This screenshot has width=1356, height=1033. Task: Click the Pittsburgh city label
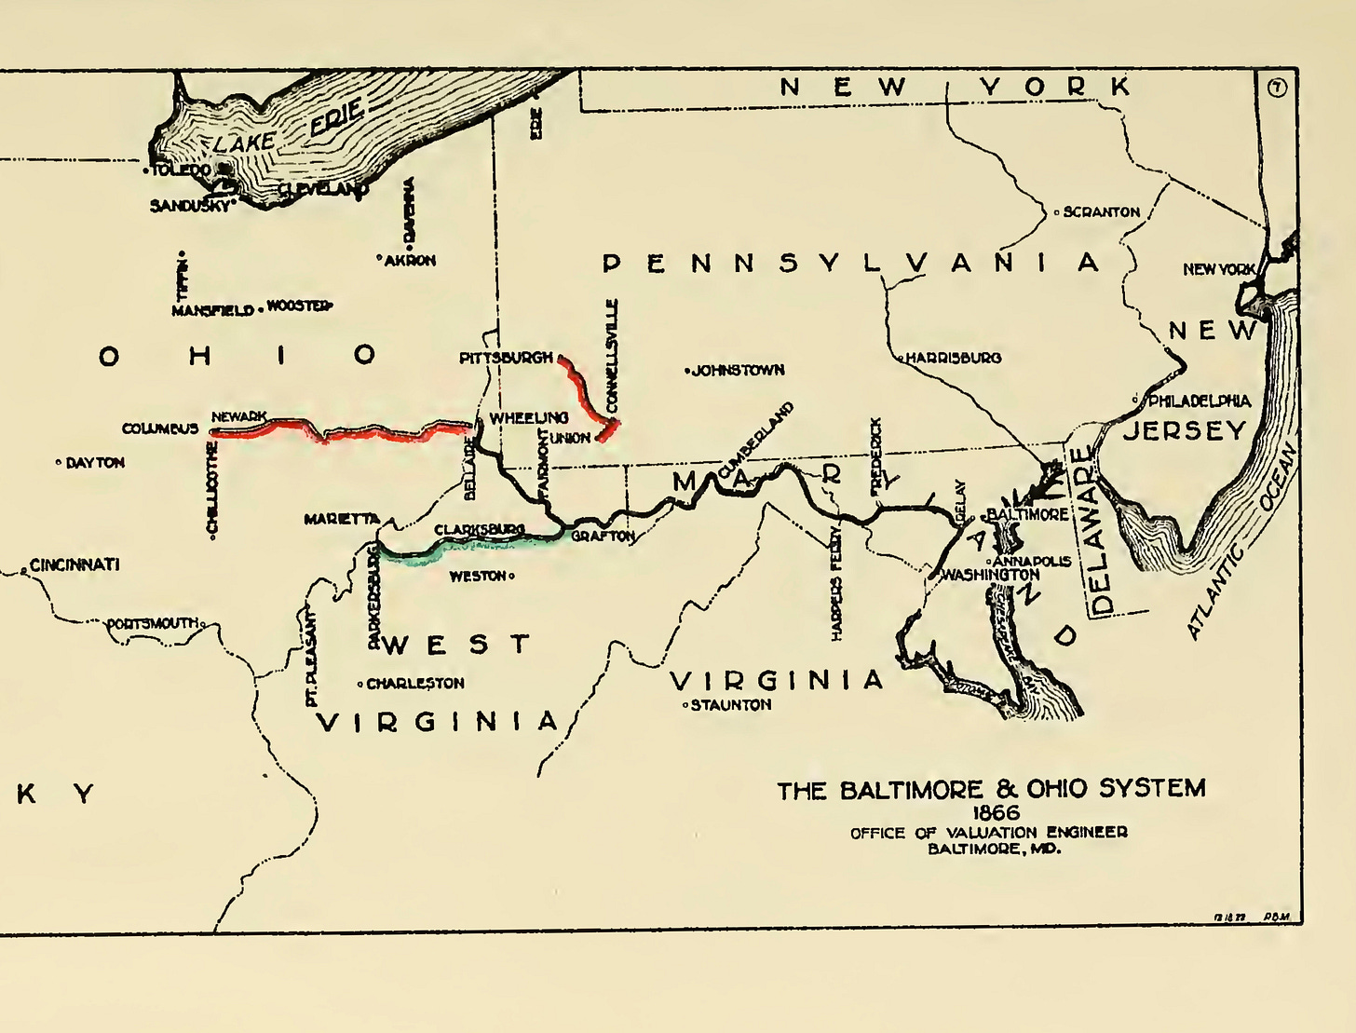(506, 358)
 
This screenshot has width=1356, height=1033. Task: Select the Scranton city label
(1101, 212)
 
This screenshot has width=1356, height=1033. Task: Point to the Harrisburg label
(953, 358)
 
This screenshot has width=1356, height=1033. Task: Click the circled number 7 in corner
(1277, 88)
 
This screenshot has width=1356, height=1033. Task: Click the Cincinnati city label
(75, 564)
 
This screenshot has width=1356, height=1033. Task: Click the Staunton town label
(730, 705)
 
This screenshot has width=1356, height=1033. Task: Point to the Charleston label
(414, 684)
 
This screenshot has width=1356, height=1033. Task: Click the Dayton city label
(94, 463)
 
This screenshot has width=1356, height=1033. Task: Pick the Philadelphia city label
(1199, 401)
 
